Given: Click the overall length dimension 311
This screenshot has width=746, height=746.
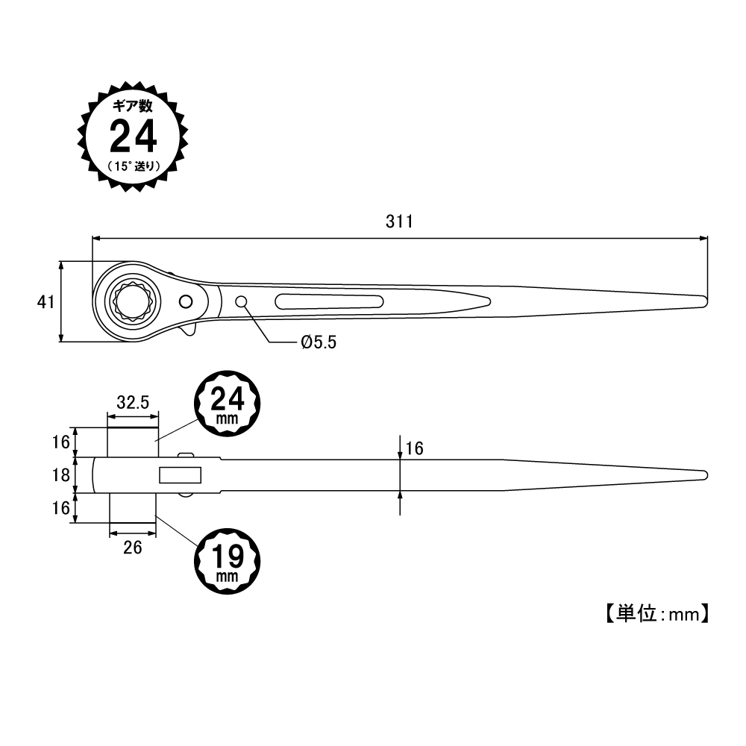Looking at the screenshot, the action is (399, 222).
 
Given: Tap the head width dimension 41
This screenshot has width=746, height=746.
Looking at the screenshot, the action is (46, 302).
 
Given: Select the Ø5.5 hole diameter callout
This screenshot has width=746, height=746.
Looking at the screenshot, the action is (319, 342).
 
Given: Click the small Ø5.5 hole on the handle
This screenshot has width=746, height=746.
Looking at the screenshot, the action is (241, 301).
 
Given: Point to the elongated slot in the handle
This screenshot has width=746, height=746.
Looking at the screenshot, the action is (329, 301).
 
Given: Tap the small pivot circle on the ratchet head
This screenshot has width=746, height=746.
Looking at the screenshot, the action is (186, 301).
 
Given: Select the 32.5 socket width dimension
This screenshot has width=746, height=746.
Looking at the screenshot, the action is (133, 403).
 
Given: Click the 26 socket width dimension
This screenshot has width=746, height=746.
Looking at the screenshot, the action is (132, 548).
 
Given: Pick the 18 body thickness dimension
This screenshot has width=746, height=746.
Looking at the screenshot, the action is (61, 475).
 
